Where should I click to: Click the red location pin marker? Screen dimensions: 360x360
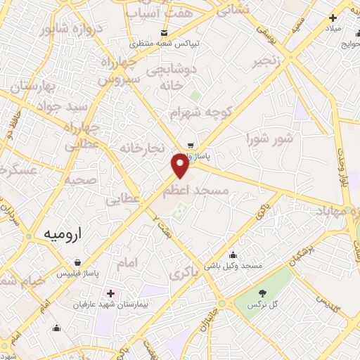(180, 165)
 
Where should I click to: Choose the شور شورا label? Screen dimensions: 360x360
(269, 139)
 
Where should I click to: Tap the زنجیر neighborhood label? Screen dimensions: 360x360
(270, 61)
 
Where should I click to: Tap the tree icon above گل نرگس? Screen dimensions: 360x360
(262, 292)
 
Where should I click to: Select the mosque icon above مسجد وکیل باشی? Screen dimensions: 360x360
(233, 255)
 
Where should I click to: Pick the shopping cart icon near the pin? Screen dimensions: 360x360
(190, 146)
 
